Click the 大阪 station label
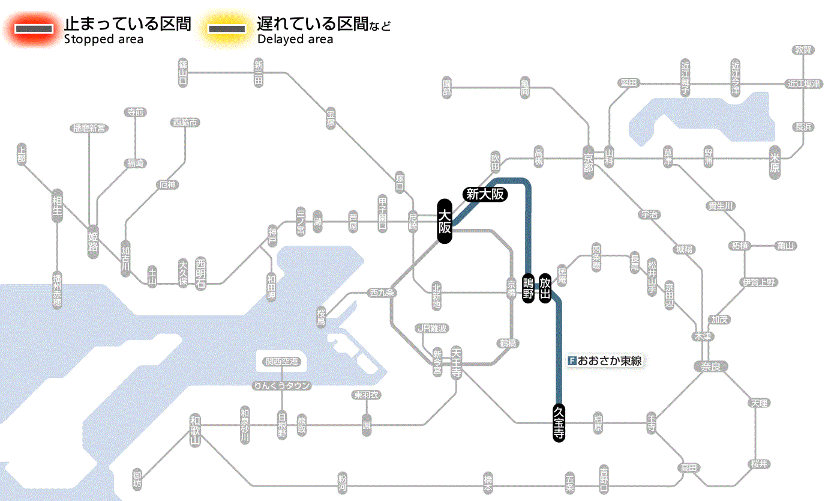click(x=444, y=222)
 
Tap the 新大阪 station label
click(x=485, y=194)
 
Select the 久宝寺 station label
click(x=559, y=423)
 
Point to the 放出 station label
click(x=545, y=289)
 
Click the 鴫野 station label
click(x=528, y=289)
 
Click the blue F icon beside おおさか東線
click(x=572, y=361)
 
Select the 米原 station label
click(x=775, y=162)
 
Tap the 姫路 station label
click(x=93, y=241)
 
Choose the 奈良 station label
click(x=710, y=366)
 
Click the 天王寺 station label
click(x=456, y=363)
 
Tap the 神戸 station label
click(x=272, y=236)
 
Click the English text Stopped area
click(x=103, y=40)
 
